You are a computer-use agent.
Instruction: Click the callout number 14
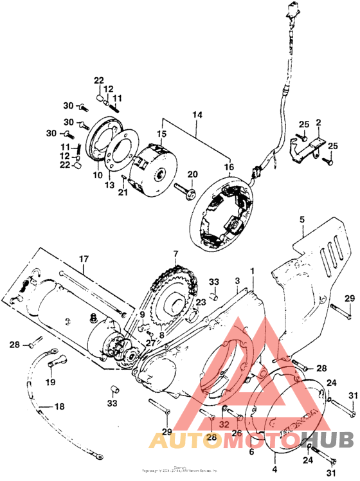coord(197,114)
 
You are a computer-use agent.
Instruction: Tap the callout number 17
coord(83,260)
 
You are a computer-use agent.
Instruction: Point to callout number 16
coord(229,167)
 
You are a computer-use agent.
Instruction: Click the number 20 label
coord(191,175)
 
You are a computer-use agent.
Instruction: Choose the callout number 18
coord(59,406)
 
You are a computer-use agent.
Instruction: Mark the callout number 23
coord(201,302)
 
